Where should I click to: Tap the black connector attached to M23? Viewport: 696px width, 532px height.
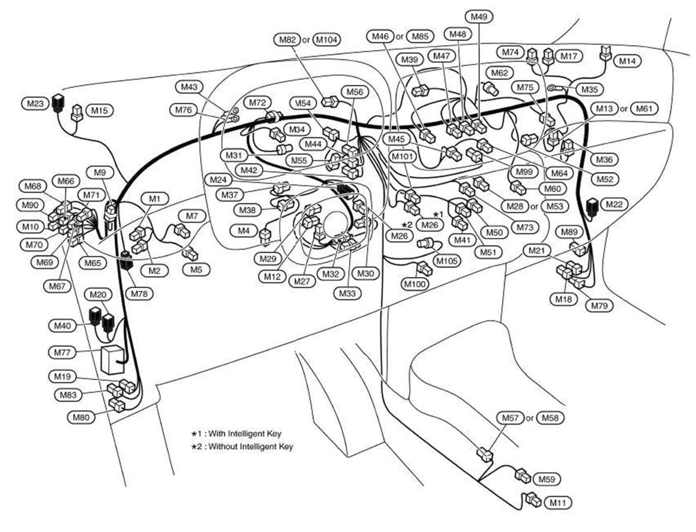point(58,103)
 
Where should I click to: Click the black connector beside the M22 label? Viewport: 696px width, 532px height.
point(593,207)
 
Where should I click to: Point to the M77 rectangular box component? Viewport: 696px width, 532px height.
point(112,359)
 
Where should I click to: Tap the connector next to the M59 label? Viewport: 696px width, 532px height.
point(523,476)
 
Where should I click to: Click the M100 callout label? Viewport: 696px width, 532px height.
point(416,284)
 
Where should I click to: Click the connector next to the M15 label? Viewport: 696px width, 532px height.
point(77,113)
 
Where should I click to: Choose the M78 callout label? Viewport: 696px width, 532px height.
point(142,294)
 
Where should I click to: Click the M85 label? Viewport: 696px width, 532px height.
point(422,37)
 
